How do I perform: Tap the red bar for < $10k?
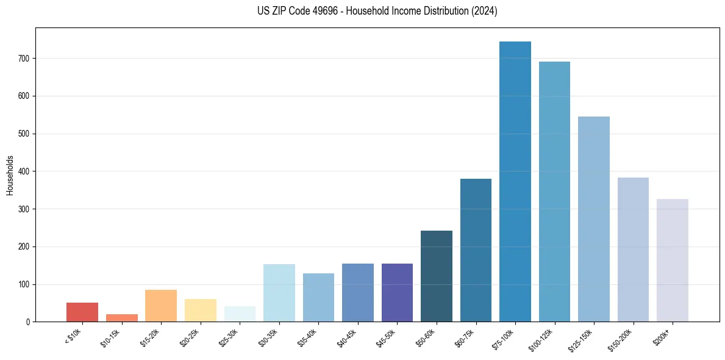82,312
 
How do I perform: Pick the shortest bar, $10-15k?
122,318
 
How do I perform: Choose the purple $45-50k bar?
397,292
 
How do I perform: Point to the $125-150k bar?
594,219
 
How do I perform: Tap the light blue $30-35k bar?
279,293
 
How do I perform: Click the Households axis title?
10,175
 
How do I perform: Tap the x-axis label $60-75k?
464,336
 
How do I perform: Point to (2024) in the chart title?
484,11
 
